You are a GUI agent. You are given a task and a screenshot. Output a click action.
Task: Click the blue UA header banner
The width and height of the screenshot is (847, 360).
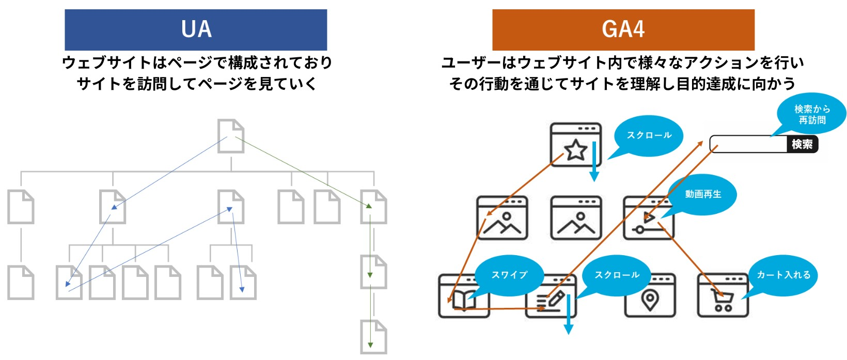(196, 29)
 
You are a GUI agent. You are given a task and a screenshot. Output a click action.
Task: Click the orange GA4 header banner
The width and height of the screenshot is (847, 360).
(623, 29)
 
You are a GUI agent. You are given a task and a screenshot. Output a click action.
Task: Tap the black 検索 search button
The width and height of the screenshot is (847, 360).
(802, 144)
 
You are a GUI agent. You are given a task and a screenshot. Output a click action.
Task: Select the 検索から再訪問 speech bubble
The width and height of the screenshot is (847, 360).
(812, 115)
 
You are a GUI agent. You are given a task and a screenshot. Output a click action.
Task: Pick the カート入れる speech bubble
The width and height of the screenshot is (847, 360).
(783, 275)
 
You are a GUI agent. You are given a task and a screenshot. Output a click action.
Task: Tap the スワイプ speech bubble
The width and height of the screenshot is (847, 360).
(509, 275)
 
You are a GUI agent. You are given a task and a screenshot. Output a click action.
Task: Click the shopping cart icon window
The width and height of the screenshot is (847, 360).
(723, 296)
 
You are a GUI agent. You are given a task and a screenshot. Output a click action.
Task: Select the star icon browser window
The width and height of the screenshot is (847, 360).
(575, 145)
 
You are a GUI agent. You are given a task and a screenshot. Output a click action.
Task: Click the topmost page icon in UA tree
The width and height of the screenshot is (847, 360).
(230, 136)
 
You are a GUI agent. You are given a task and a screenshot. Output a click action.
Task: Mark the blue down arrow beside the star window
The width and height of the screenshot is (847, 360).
(594, 161)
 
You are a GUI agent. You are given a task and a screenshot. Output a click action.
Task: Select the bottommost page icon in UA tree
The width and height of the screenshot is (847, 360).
(373, 337)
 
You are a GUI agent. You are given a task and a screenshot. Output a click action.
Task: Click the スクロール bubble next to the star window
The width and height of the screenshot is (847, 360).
(649, 135)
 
